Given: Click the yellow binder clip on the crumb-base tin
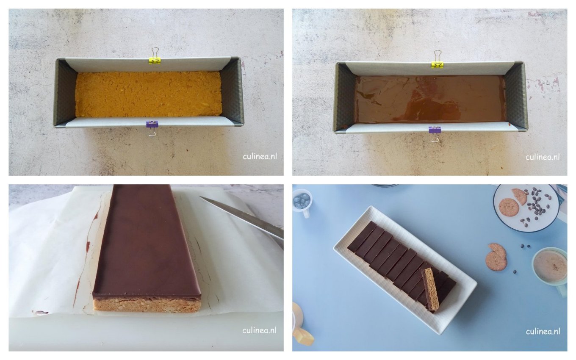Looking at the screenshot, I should tap(155, 60).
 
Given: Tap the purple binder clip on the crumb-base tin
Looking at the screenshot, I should tap(152, 125).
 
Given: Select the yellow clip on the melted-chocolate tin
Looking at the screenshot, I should tap(438, 64).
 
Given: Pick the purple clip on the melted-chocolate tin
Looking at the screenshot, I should tap(435, 130).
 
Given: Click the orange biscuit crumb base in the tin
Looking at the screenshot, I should tap(148, 94).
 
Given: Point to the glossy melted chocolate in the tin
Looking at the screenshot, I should tap(430, 99).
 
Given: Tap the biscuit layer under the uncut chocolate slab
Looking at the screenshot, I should tap(147, 305).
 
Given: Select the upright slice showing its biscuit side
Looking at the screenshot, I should tap(431, 289).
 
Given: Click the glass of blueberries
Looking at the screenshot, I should tap(302, 200).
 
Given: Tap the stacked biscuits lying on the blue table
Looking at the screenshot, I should tap(496, 257).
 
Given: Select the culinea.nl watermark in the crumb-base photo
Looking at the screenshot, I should tap(259, 156).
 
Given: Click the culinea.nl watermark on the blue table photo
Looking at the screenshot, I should tap(543, 331).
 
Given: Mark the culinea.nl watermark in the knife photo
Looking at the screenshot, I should tap(259, 330).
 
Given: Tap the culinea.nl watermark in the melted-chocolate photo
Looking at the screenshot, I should tap(543, 157).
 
